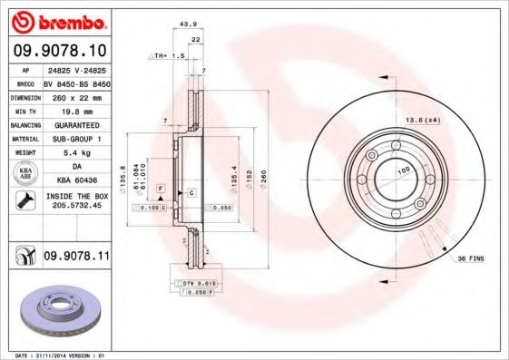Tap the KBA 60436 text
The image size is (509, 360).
[76, 181]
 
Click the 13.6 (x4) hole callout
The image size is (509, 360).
[422, 120]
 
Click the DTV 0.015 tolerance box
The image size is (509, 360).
[193, 285]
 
